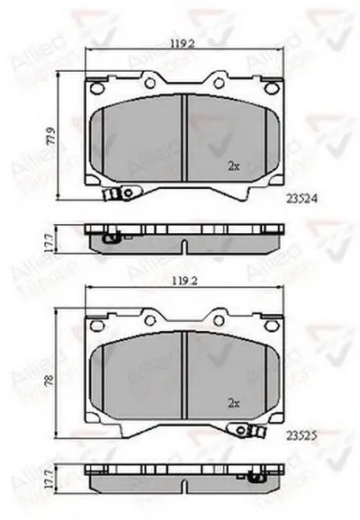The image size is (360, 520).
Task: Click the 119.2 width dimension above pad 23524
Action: click(185, 41)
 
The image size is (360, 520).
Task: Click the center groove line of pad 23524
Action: click(184, 139)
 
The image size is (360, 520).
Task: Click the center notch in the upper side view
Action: click(184, 247)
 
